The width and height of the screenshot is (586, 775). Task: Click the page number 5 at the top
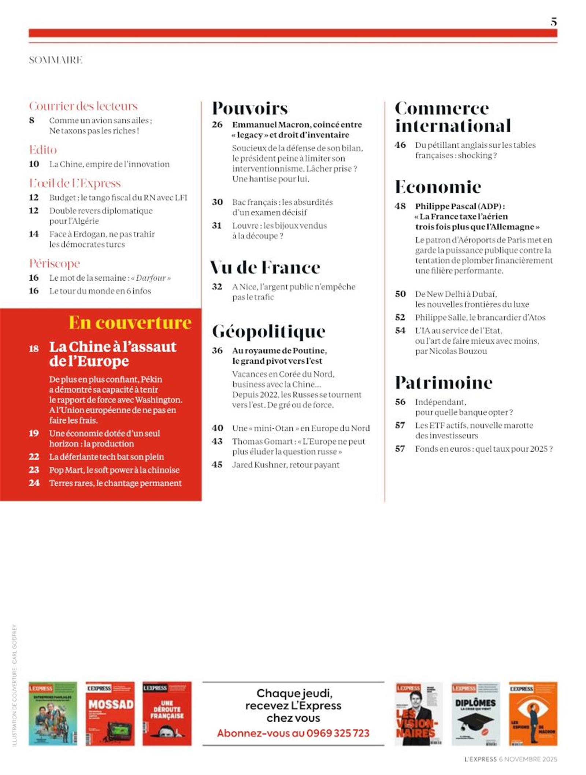pos(553,22)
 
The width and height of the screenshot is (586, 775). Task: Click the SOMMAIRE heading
pos(56,60)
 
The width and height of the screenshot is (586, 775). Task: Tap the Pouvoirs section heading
pos(250,108)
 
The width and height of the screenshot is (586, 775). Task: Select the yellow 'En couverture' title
pos(130,323)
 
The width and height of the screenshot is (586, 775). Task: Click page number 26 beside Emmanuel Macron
pos(217,125)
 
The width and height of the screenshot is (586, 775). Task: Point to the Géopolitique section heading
pos(268,331)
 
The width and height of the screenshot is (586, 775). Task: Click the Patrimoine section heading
pos(444,383)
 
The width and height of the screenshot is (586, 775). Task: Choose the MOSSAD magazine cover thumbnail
pos(110,713)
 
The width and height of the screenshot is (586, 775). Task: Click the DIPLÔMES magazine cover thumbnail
pos(475,713)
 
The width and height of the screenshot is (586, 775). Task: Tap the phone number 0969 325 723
pos(338,733)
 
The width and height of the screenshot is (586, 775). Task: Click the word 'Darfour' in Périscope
pos(151,278)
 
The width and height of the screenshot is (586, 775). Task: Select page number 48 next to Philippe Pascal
pos(400,206)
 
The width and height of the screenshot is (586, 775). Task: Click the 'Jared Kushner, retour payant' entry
pos(286,465)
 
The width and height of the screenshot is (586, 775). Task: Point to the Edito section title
pos(43,150)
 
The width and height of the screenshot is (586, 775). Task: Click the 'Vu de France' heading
pos(265,267)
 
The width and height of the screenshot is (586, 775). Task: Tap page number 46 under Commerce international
pos(400,145)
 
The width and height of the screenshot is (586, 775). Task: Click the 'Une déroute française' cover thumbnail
pos(167,713)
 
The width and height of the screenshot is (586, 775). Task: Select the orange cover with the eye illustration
pos(533,713)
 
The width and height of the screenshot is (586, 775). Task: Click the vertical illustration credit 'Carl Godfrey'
pos(15,639)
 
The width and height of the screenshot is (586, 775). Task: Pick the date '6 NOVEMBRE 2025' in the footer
pos(528,759)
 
